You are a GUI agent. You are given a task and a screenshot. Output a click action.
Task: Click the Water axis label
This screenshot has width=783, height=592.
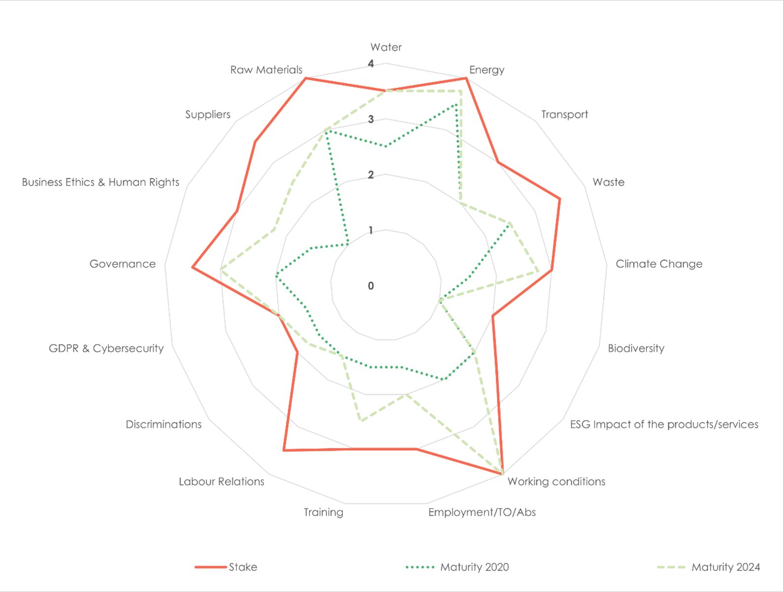click(x=386, y=47)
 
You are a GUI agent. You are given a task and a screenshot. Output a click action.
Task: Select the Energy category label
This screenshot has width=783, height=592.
click(x=486, y=70)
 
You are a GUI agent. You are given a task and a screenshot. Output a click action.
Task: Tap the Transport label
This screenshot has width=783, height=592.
click(x=564, y=114)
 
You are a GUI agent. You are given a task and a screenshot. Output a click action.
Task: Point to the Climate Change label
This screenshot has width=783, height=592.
click(x=659, y=264)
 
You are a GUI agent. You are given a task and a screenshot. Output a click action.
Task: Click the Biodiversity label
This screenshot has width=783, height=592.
click(x=636, y=348)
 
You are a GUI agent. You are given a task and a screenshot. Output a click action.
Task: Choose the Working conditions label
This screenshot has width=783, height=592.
click(x=556, y=482)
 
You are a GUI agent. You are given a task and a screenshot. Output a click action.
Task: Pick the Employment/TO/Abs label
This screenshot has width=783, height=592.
click(x=481, y=512)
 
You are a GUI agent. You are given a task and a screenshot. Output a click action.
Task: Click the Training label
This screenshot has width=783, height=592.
click(x=323, y=512)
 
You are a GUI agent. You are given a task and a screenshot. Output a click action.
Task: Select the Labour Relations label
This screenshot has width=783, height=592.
click(x=221, y=482)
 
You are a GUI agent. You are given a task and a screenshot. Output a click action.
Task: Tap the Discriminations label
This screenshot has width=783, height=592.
click(x=164, y=424)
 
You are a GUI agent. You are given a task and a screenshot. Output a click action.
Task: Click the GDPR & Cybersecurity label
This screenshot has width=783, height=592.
click(x=106, y=348)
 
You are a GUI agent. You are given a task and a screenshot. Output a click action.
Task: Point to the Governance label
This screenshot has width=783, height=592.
click(x=122, y=264)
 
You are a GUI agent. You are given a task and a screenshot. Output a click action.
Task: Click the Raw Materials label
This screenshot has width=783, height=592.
click(x=266, y=70)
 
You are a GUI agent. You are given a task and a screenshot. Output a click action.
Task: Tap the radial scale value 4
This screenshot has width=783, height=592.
click(x=371, y=64)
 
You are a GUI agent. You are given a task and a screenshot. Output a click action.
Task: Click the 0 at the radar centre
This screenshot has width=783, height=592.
click(x=371, y=286)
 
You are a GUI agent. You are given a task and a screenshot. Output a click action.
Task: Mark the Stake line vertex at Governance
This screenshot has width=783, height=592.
click(x=193, y=267)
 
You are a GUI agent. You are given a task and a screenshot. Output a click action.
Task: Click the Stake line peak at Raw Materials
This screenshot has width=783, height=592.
click(x=306, y=78)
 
